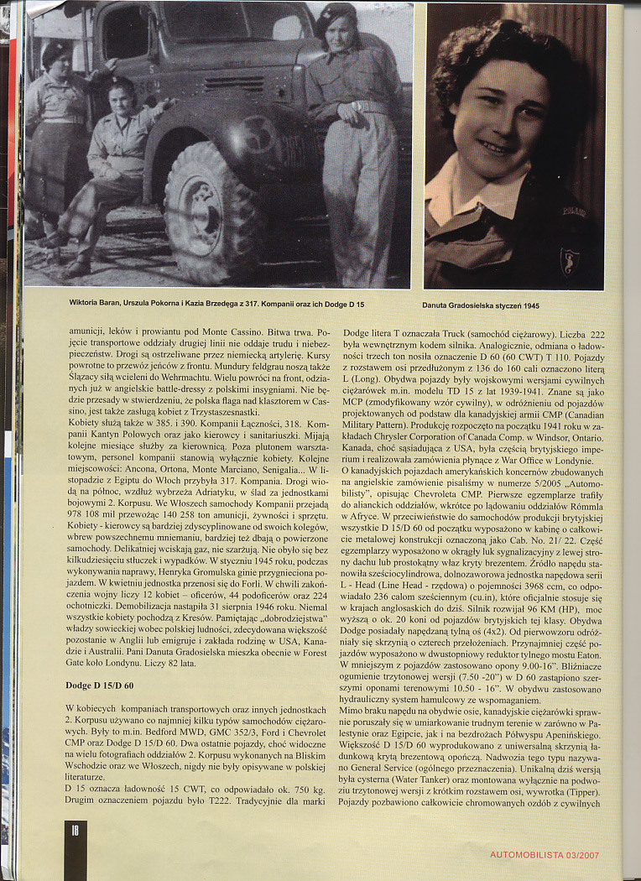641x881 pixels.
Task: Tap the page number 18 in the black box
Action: pos(76,831)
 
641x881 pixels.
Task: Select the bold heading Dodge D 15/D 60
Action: pos(100,686)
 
